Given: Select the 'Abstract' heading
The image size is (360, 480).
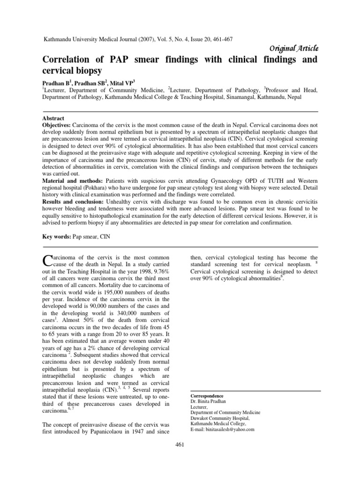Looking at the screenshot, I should coord(53,119).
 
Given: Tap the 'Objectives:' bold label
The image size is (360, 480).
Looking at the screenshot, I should coord(57,126).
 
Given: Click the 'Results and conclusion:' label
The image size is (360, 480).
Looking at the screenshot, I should coord(73,202).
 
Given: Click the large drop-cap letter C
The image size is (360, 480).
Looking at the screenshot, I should coord(47,260).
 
